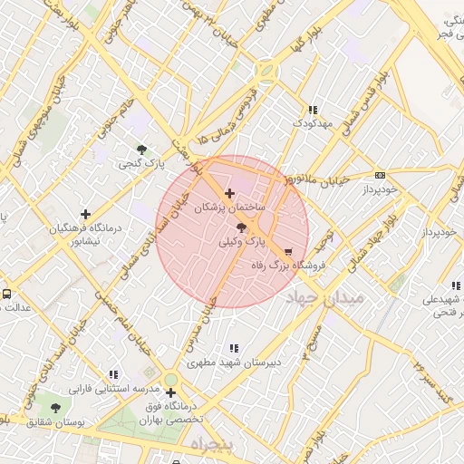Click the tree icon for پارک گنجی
(x=141, y=150)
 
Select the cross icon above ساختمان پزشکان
(x=229, y=193)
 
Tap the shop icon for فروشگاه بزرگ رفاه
(x=288, y=252)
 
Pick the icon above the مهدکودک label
(x=314, y=108)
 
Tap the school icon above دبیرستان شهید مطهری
(x=235, y=348)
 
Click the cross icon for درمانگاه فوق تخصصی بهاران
(x=170, y=392)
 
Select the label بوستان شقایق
(x=55, y=422)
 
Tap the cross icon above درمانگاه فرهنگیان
(x=86, y=215)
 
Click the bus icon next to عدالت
(x=7, y=294)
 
